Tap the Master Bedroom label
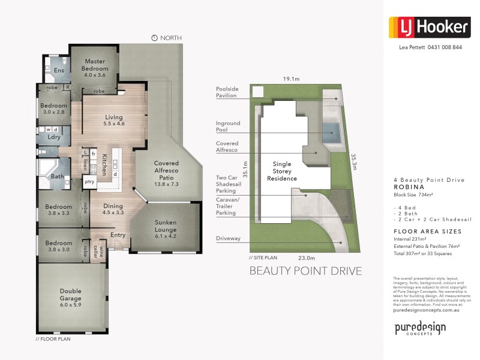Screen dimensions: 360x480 [95, 64]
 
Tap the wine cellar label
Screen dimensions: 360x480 [101, 250]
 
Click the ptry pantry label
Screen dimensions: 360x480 [89, 181]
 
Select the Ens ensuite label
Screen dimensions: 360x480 [59, 71]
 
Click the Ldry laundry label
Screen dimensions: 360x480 [54, 137]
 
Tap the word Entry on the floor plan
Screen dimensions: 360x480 [118, 235]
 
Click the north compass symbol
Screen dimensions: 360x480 [154, 38]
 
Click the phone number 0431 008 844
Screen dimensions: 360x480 [444, 47]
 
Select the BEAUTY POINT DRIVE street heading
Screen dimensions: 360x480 [305, 271]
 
